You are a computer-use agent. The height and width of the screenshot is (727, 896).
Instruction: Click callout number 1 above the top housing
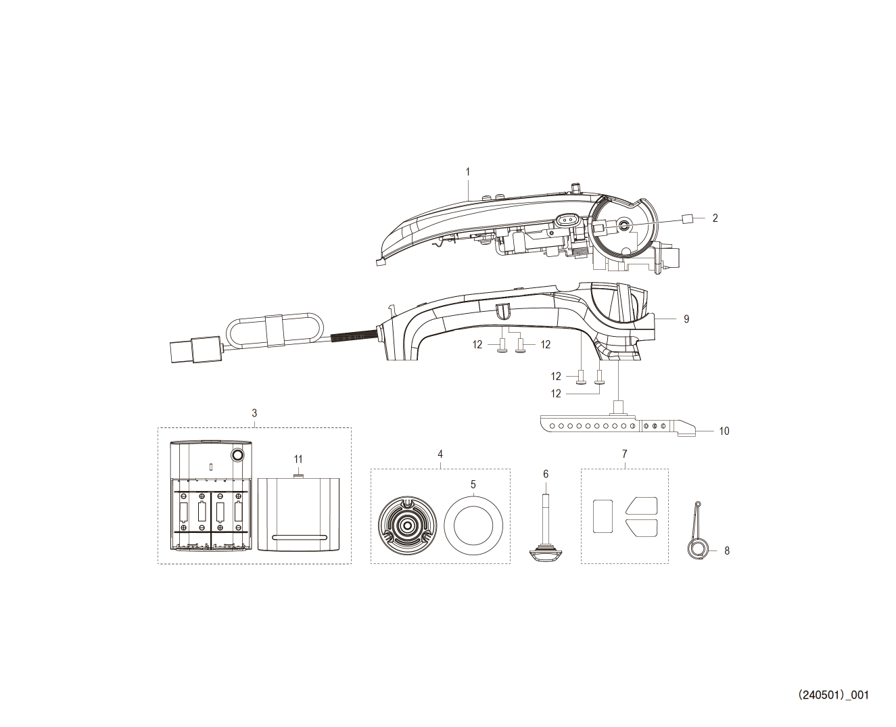[467, 172]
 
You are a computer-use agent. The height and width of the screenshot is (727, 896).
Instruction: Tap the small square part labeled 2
[686, 218]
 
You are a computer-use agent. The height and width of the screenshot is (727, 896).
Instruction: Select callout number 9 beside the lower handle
[686, 319]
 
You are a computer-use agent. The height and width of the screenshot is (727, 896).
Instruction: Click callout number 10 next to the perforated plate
[724, 431]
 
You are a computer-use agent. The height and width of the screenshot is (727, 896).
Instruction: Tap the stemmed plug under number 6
[546, 531]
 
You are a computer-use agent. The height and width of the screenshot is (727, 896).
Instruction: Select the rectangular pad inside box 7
[603, 516]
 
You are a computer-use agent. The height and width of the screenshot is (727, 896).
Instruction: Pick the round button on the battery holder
[237, 454]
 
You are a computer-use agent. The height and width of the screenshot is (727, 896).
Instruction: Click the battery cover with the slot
[298, 514]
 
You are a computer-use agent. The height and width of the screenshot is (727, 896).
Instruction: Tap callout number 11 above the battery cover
[298, 459]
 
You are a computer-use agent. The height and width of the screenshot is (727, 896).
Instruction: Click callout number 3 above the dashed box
[254, 413]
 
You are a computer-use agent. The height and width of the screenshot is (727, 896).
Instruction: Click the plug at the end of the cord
[195, 349]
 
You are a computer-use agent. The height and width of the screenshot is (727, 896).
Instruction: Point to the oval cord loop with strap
[275, 329]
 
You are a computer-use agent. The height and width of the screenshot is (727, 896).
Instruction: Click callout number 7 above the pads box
[624, 454]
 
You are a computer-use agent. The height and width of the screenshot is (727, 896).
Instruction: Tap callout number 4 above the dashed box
[440, 454]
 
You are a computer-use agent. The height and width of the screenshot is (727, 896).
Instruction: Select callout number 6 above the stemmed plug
[546, 474]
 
